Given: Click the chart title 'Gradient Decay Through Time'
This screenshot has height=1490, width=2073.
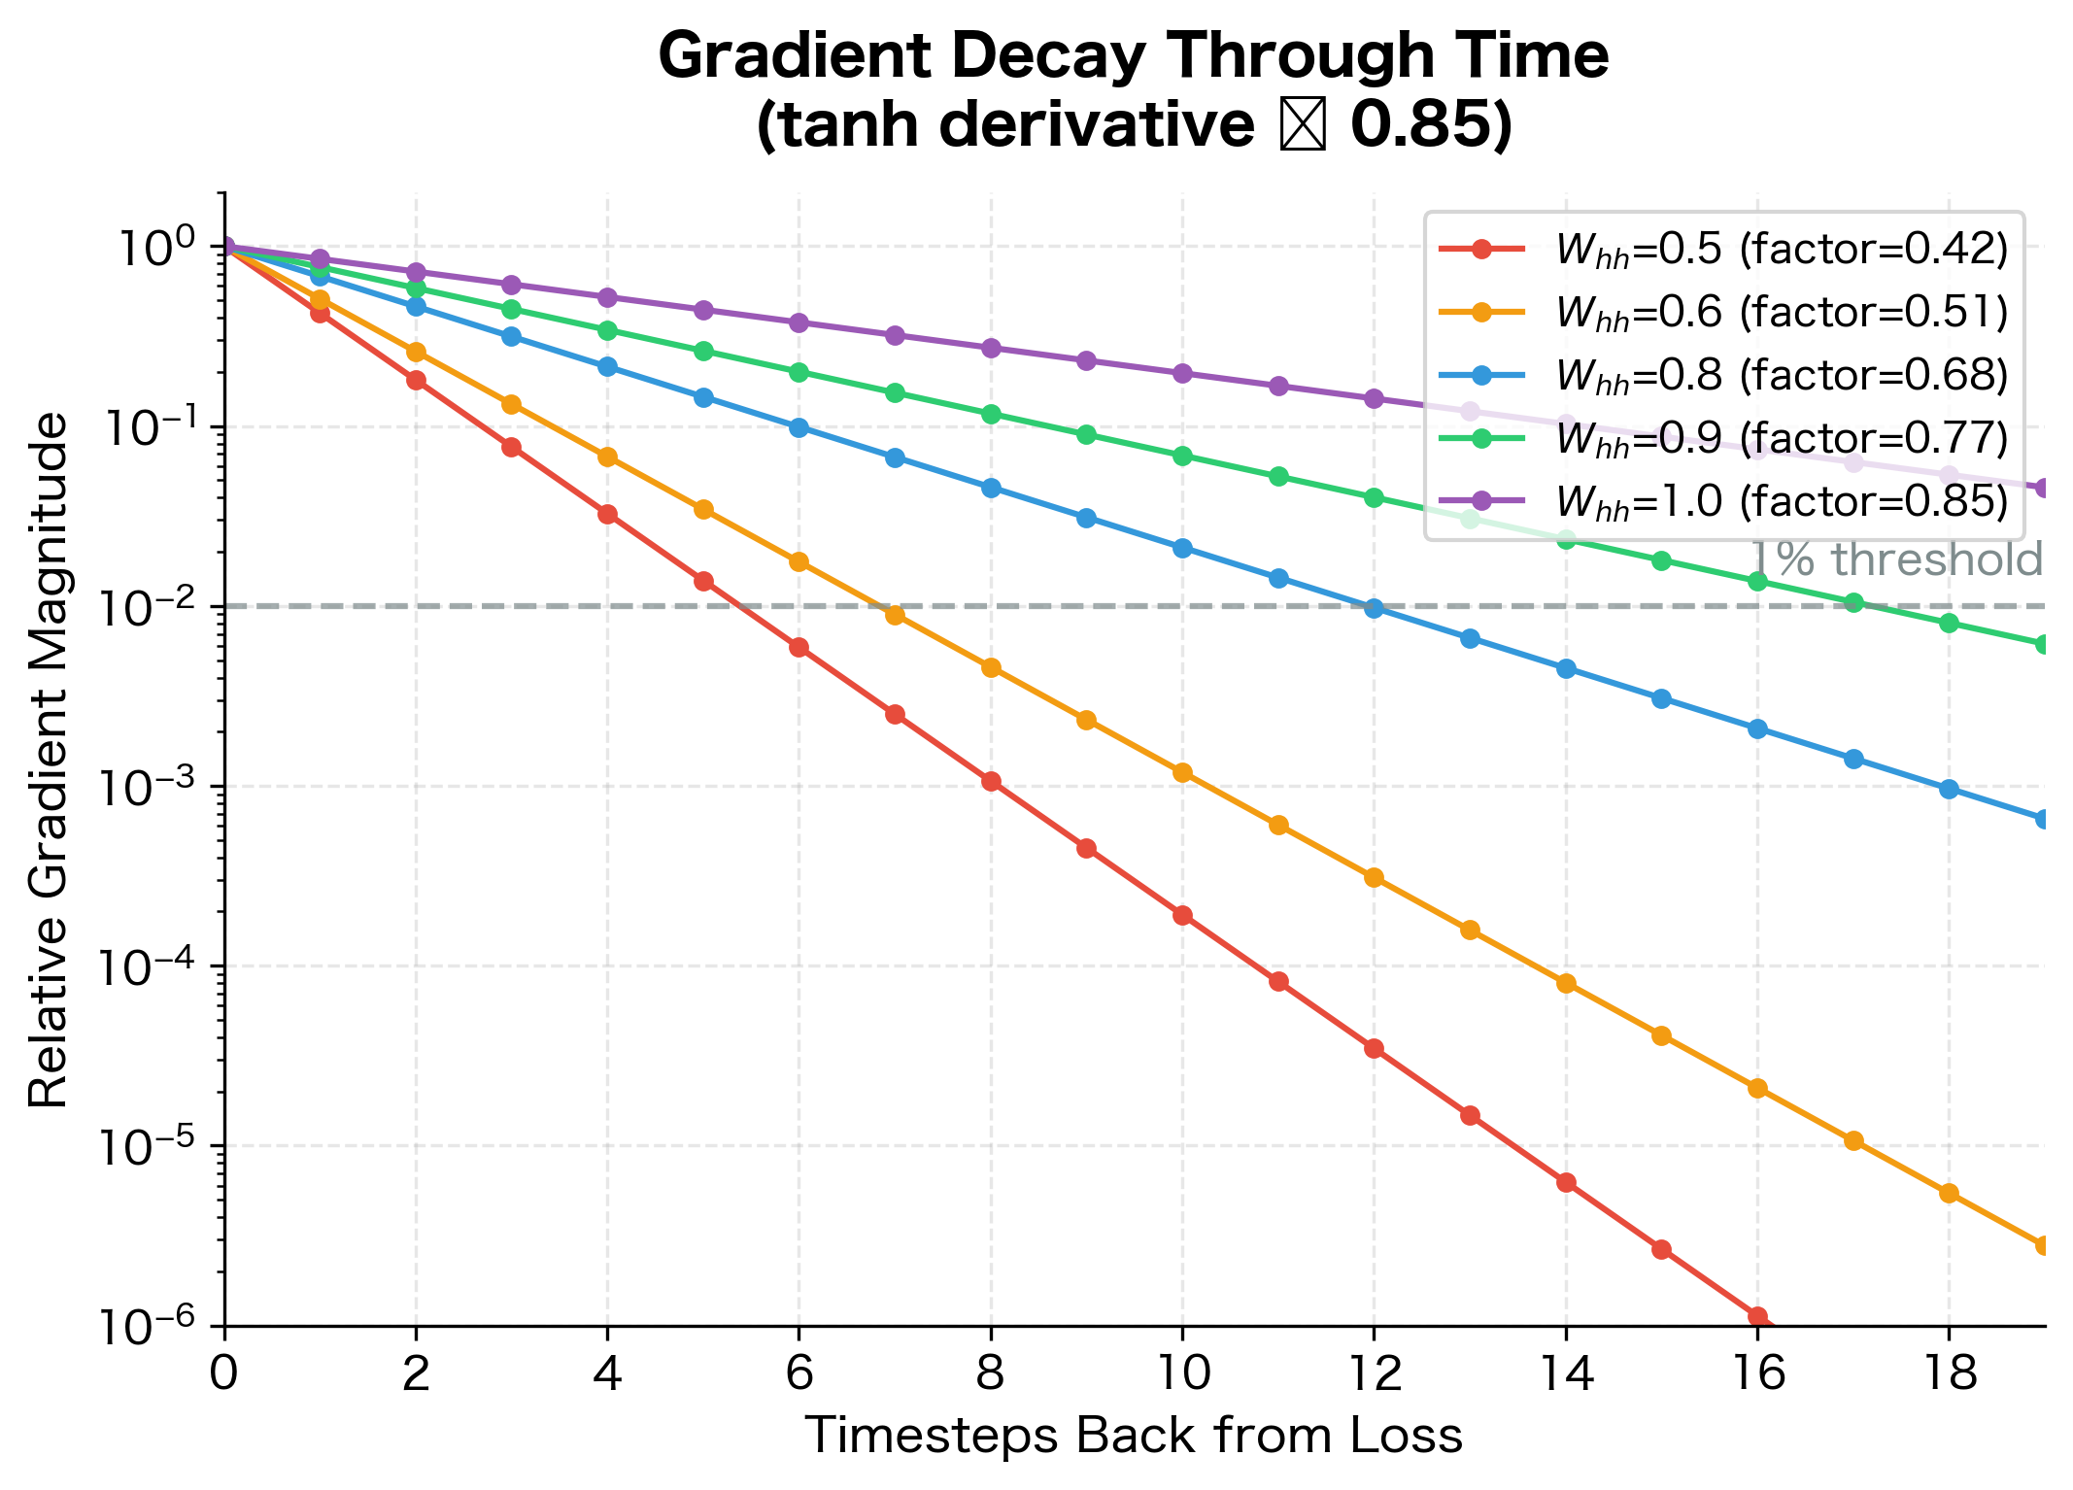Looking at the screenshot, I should tap(1133, 56).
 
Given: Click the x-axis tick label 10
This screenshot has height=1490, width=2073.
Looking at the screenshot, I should tap(1181, 1373).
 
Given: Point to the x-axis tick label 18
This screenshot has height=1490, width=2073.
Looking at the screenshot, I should tap(1948, 1373).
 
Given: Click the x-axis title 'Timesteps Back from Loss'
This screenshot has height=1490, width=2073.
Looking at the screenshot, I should tap(1133, 1436).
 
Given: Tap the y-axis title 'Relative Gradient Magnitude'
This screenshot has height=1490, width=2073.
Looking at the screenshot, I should tap(49, 760).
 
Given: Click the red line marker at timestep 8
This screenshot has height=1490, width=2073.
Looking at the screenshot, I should tap(991, 781).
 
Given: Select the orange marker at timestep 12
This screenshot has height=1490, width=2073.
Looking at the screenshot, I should tap(1374, 877).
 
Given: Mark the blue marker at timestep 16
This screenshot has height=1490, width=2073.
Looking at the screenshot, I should tap(1756, 728).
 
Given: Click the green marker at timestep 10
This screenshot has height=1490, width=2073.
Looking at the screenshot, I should tap(1182, 456).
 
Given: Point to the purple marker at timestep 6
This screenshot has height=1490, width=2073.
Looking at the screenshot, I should tap(799, 322).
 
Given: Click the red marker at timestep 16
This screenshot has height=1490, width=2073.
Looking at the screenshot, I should tap(1756, 1316).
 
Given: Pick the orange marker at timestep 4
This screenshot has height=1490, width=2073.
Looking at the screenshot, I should tap(607, 457).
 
